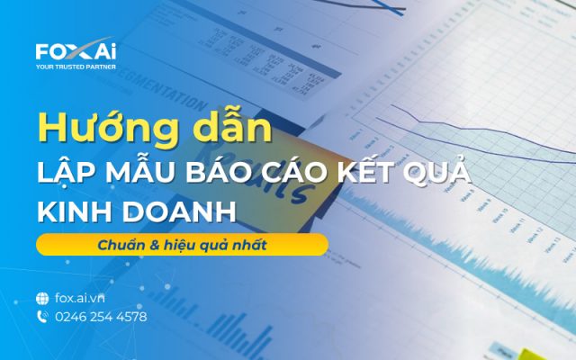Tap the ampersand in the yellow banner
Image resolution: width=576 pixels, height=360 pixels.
[x=156, y=245]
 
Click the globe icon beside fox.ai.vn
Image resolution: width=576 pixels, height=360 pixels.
[x=42, y=298]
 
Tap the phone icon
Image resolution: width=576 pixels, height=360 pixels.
[x=42, y=317]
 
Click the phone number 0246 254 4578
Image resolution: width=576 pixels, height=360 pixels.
[x=101, y=317]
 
